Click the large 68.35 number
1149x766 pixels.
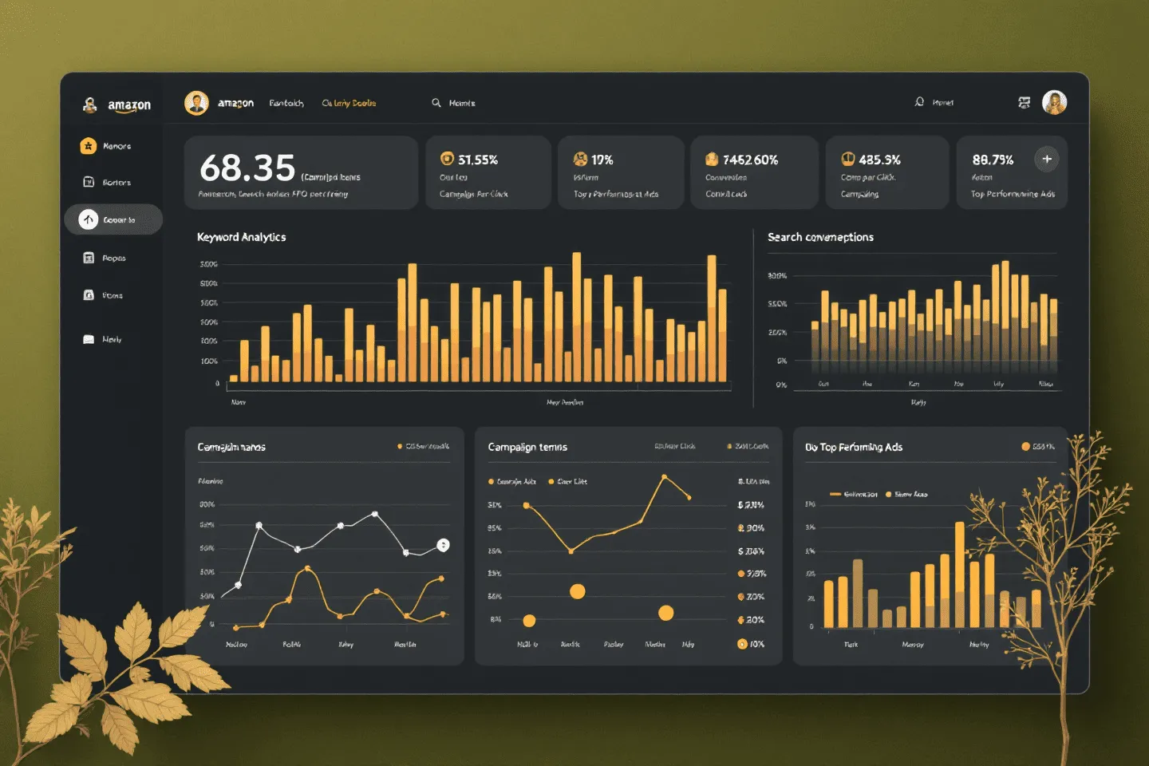247,168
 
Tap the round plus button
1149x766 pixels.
1047,159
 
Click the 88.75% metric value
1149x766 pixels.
993,160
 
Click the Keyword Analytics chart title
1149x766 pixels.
241,237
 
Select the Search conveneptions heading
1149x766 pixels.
820,237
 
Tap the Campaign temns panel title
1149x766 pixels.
527,447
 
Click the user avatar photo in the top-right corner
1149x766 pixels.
1054,102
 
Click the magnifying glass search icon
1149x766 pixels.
436,103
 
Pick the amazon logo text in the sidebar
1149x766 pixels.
129,105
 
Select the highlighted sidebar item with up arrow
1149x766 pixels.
113,219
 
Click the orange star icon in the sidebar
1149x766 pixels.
89,146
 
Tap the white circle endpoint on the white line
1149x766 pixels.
443,545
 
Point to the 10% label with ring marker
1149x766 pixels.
751,644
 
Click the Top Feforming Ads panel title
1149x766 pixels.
854,447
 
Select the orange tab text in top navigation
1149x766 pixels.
349,103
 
